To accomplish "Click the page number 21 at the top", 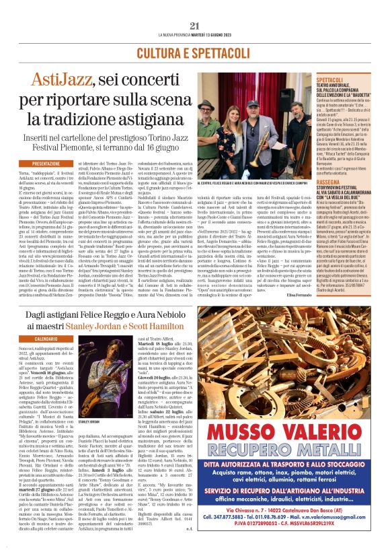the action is (x=195, y=26).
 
